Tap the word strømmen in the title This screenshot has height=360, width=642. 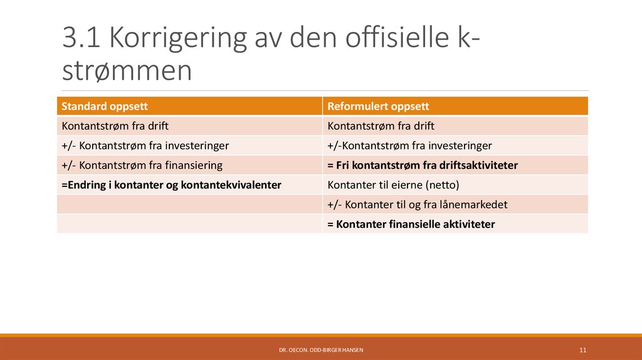127,70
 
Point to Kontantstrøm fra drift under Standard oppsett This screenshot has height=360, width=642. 115,125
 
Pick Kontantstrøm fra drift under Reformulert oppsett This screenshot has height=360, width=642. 381,125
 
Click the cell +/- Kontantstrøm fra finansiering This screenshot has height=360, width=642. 142,165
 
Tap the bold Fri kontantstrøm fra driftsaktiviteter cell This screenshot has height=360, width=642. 422,165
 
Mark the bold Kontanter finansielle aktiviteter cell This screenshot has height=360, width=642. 411,224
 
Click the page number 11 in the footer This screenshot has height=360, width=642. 582,349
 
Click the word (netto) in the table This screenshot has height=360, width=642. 443,185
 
